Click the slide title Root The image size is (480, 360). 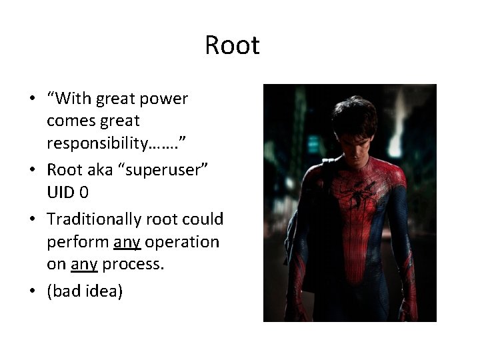(232, 46)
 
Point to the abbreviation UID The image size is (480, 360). (63, 192)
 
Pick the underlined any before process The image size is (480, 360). (84, 265)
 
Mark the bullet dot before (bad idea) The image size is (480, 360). (32, 291)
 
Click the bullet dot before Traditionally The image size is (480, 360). (32, 219)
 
